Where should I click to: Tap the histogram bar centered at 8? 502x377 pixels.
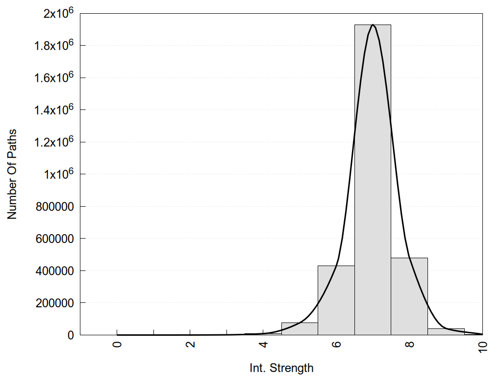click(x=409, y=296)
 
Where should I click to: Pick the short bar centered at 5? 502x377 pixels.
click(x=300, y=329)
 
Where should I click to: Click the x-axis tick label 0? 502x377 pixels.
click(x=117, y=344)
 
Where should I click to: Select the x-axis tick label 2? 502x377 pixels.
click(x=190, y=344)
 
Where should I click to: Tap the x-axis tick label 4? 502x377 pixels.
click(x=263, y=344)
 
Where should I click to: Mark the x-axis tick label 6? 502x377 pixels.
click(x=336, y=344)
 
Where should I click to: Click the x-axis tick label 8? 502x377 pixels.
click(x=409, y=344)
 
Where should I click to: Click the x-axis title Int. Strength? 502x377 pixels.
click(x=281, y=368)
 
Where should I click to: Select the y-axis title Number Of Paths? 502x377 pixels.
click(x=12, y=174)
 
